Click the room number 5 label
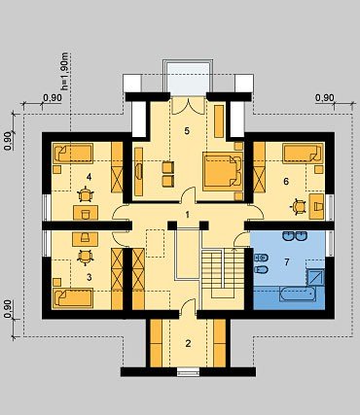(x=187, y=131)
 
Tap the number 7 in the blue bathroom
(x=287, y=261)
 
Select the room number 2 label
(x=188, y=343)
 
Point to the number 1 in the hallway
(x=187, y=214)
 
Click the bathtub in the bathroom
(x=298, y=294)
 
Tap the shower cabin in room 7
(x=315, y=277)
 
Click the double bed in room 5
(x=223, y=171)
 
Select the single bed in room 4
(x=73, y=154)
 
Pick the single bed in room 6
(x=304, y=154)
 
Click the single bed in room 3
(x=73, y=297)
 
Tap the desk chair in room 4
(x=86, y=195)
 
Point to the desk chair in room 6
(x=299, y=207)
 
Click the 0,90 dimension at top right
(x=324, y=98)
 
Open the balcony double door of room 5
(x=188, y=105)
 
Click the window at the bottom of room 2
(x=188, y=371)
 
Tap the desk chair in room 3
(x=86, y=257)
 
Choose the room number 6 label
(x=286, y=181)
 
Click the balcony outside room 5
(x=188, y=78)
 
